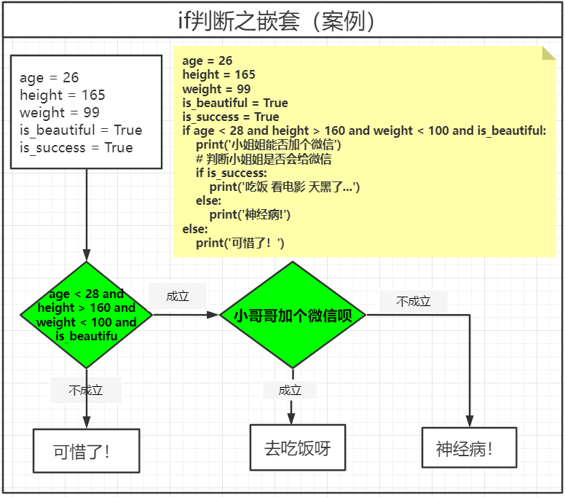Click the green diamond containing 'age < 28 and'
click(x=87, y=315)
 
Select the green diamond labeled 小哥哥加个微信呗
click(x=293, y=315)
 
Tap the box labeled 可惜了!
click(x=86, y=450)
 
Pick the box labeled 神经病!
click(x=469, y=447)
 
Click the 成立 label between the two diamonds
click(x=178, y=296)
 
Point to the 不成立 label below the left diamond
click(x=86, y=391)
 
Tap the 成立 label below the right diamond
click(x=290, y=390)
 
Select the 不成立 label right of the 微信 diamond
click(x=414, y=301)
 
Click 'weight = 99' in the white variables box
click(x=60, y=113)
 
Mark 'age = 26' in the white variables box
click(x=50, y=78)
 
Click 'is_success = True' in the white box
click(x=76, y=148)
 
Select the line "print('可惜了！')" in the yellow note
click(x=240, y=243)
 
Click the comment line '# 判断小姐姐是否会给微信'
click(x=264, y=159)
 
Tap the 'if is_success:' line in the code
click(x=231, y=173)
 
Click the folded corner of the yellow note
click(x=549, y=53)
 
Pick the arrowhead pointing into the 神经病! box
click(x=470, y=422)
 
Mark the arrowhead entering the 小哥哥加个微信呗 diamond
click(x=213, y=315)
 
